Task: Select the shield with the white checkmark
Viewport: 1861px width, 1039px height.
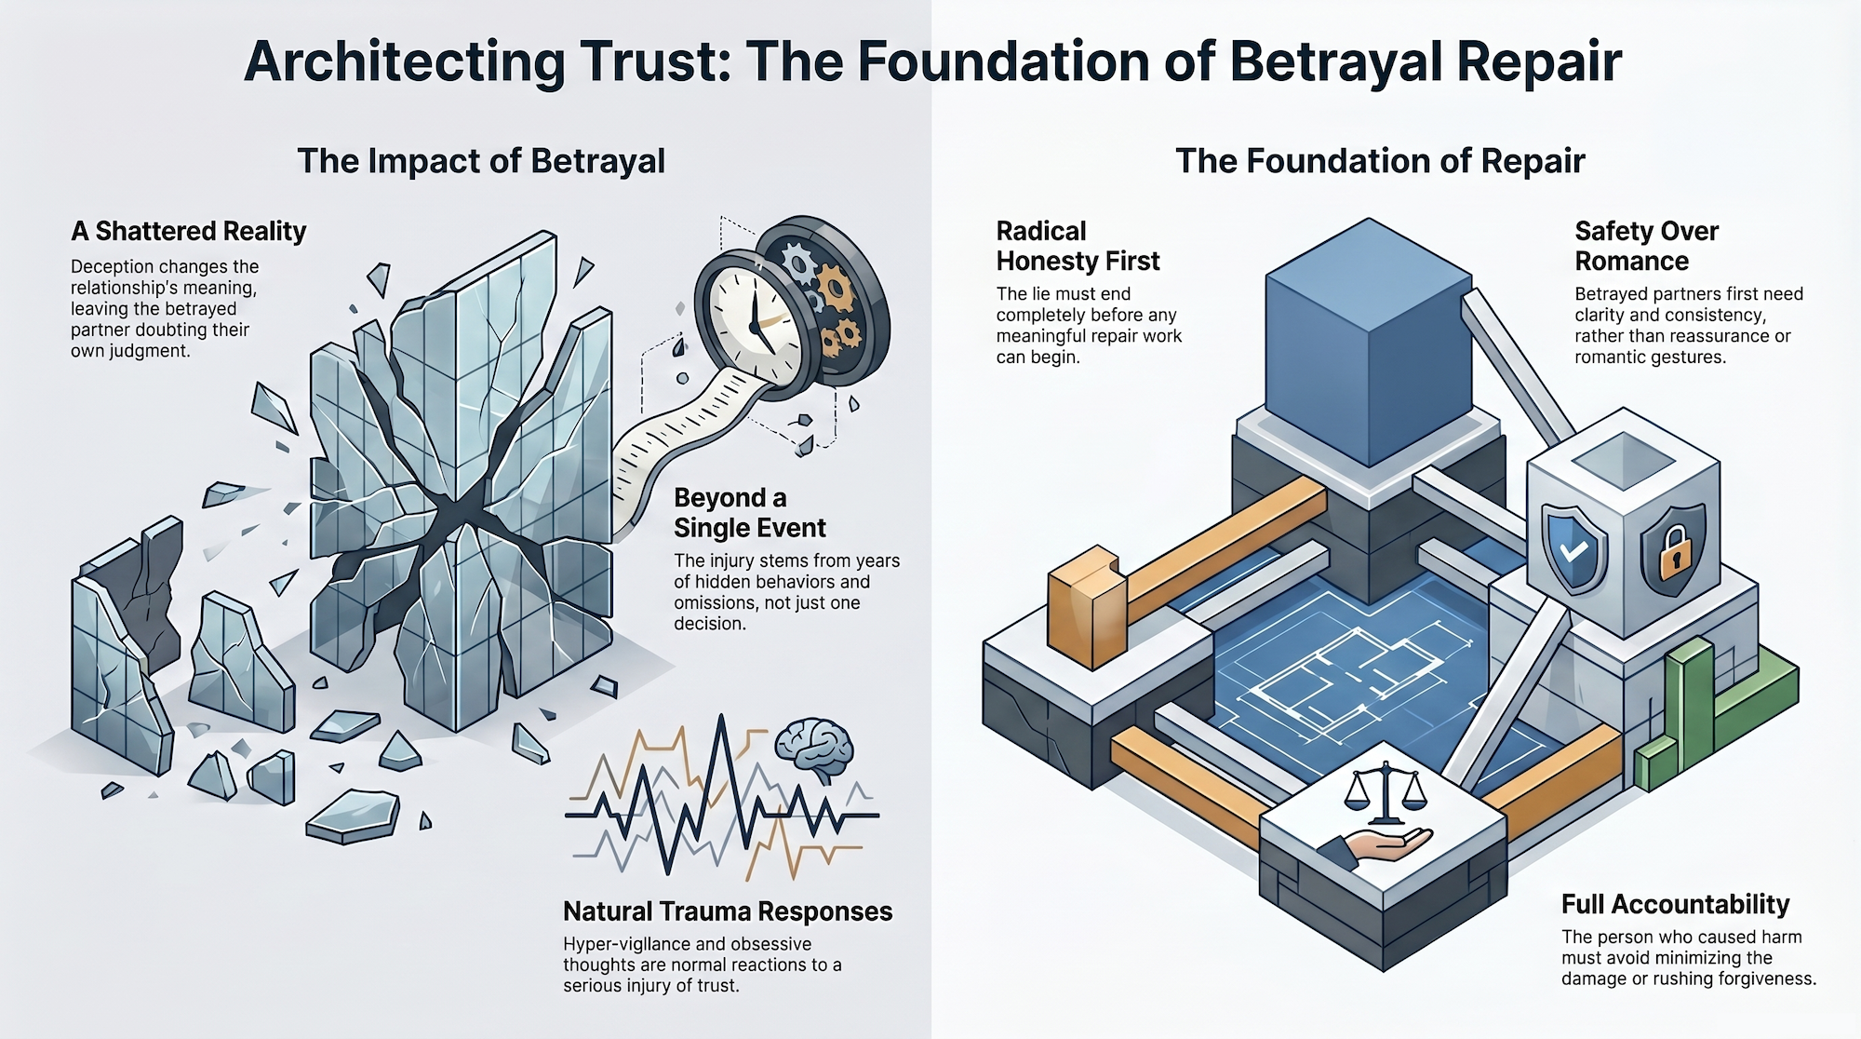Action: point(1573,549)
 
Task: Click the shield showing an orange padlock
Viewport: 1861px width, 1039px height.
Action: point(1673,549)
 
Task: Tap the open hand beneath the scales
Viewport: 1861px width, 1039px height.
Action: point(1386,845)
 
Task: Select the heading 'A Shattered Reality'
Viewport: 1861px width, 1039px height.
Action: point(189,231)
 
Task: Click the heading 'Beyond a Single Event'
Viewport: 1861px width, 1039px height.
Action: point(749,513)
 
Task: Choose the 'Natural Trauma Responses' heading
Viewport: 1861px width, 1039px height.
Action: point(728,911)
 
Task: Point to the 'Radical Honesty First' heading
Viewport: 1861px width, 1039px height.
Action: point(1078,246)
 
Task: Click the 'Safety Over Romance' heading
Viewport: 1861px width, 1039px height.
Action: point(1646,246)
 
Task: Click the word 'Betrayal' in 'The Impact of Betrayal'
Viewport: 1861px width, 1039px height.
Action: point(597,161)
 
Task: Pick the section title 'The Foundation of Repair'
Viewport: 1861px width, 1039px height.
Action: point(1380,161)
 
